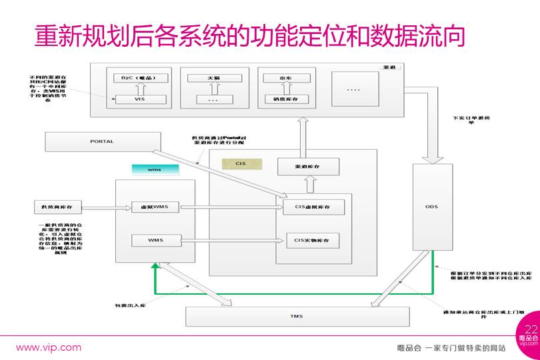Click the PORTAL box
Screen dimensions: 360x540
pos(102,141)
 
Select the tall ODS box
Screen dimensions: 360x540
pos(433,207)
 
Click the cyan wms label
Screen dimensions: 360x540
pos(155,169)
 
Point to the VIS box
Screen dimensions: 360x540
pos(140,99)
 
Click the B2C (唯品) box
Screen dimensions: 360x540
pos(140,78)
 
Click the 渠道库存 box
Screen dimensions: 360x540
pos(308,167)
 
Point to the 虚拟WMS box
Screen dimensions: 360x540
pos(155,207)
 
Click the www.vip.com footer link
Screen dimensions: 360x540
pos(49,347)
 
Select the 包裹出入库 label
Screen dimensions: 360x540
pos(129,306)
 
